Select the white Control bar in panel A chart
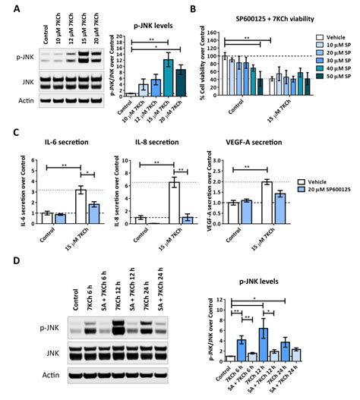pos(130,94)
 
